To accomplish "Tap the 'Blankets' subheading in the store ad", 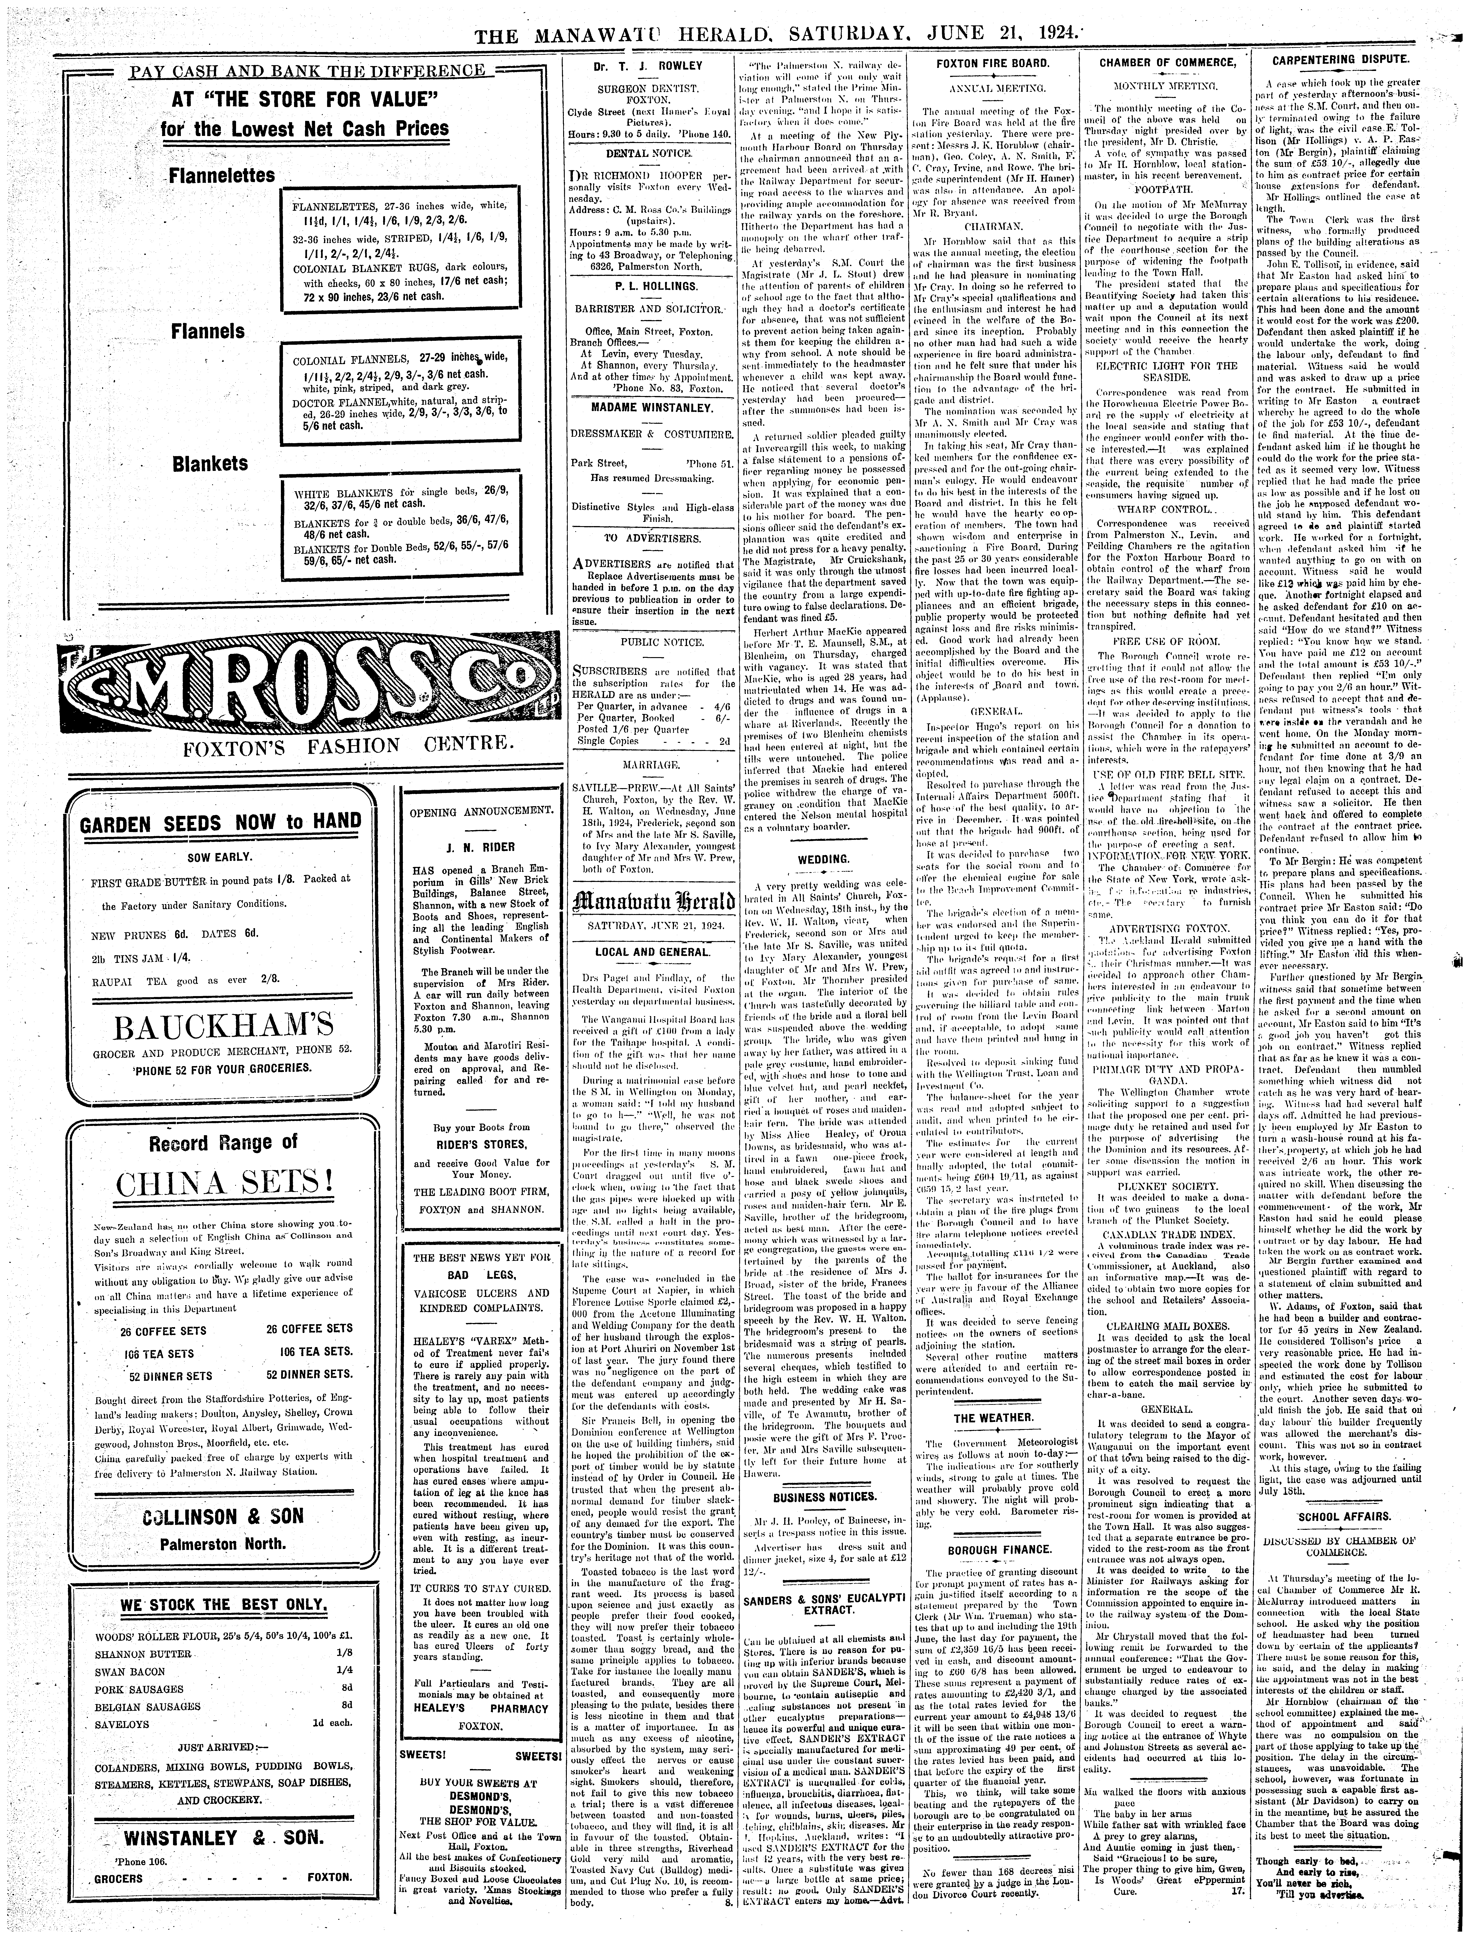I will [210, 463].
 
